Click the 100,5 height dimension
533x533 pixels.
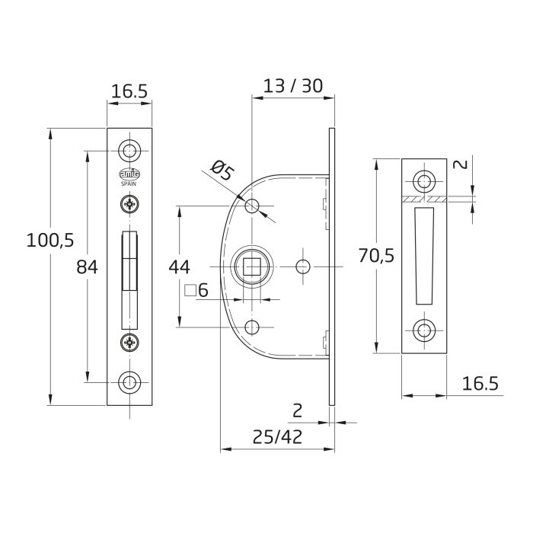[x=49, y=241]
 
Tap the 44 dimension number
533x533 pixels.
[x=179, y=266]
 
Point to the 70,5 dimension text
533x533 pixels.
[x=376, y=256]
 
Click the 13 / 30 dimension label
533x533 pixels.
[x=292, y=86]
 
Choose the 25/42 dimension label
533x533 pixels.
[x=276, y=437]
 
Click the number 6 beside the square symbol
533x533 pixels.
[x=203, y=290]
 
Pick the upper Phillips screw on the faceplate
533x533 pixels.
[x=130, y=203]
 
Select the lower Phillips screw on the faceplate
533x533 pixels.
[x=130, y=343]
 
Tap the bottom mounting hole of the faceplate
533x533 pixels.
[x=130, y=381]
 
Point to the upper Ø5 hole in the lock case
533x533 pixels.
[x=253, y=206]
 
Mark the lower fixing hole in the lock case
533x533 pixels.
[x=253, y=328]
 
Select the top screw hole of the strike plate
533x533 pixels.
[x=423, y=181]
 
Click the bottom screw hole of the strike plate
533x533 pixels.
[x=423, y=330]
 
